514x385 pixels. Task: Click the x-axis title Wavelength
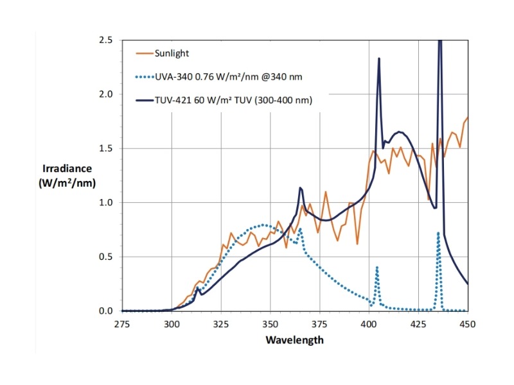coord(294,339)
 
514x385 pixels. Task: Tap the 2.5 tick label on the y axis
coord(106,40)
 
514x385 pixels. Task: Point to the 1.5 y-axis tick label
coord(106,149)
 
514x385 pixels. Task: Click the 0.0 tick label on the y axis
coord(106,311)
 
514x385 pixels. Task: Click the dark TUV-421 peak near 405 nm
coord(379,59)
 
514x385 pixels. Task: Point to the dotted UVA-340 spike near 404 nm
coord(377,268)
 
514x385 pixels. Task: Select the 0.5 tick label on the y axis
coord(106,257)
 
